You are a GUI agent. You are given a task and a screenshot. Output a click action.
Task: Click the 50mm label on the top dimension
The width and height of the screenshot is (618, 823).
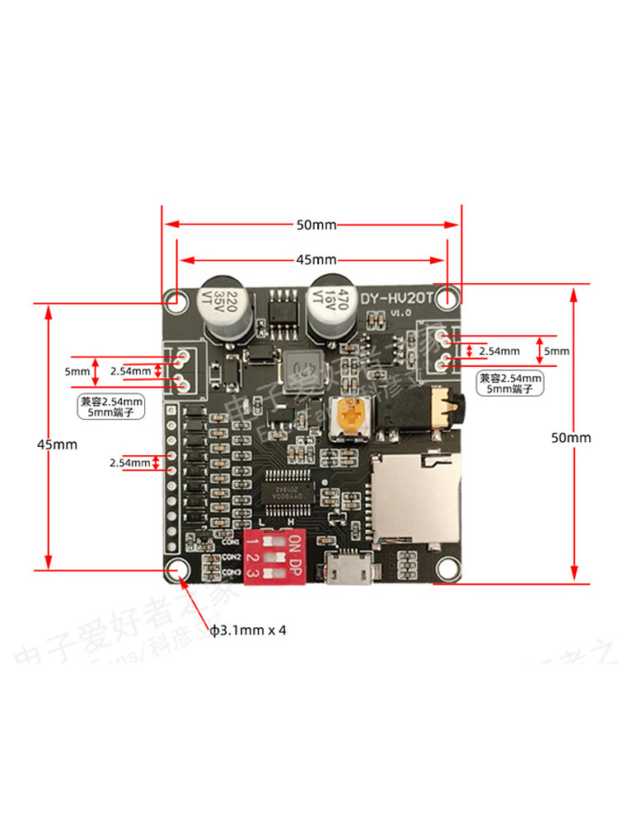coord(311,225)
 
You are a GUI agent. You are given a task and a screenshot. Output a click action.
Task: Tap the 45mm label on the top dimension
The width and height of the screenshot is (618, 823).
coord(311,259)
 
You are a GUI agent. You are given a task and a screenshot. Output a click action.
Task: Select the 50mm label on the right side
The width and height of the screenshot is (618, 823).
coord(571,437)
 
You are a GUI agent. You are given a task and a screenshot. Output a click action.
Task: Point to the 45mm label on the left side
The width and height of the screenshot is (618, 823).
coord(57,444)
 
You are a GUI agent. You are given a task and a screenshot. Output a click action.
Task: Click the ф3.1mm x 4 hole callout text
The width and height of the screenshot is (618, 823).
coord(247,630)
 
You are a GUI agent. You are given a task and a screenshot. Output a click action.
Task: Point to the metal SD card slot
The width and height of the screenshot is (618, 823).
coord(414,496)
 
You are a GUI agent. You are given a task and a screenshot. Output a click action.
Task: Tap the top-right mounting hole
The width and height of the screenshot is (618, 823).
coord(447,298)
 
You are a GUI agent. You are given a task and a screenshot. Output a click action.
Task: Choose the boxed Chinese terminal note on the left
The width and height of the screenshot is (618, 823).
coord(110,407)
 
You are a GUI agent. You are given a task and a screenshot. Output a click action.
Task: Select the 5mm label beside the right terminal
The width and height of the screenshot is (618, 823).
coord(557,351)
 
